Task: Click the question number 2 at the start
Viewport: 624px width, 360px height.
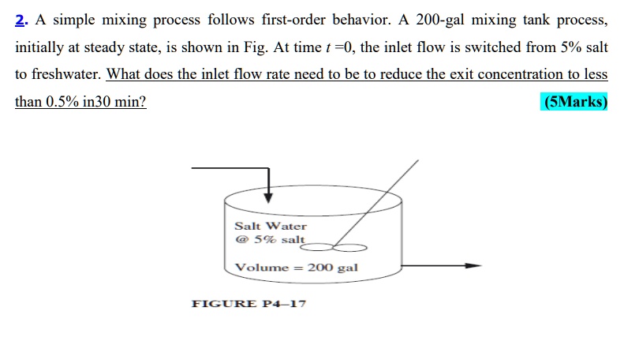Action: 20,20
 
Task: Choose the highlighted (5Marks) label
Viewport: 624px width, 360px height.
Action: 575,103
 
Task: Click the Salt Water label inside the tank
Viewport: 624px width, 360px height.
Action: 270,226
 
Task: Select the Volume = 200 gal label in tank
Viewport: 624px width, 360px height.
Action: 297,268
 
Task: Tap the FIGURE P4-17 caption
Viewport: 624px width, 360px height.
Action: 248,304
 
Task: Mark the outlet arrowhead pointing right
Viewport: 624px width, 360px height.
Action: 473,266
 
